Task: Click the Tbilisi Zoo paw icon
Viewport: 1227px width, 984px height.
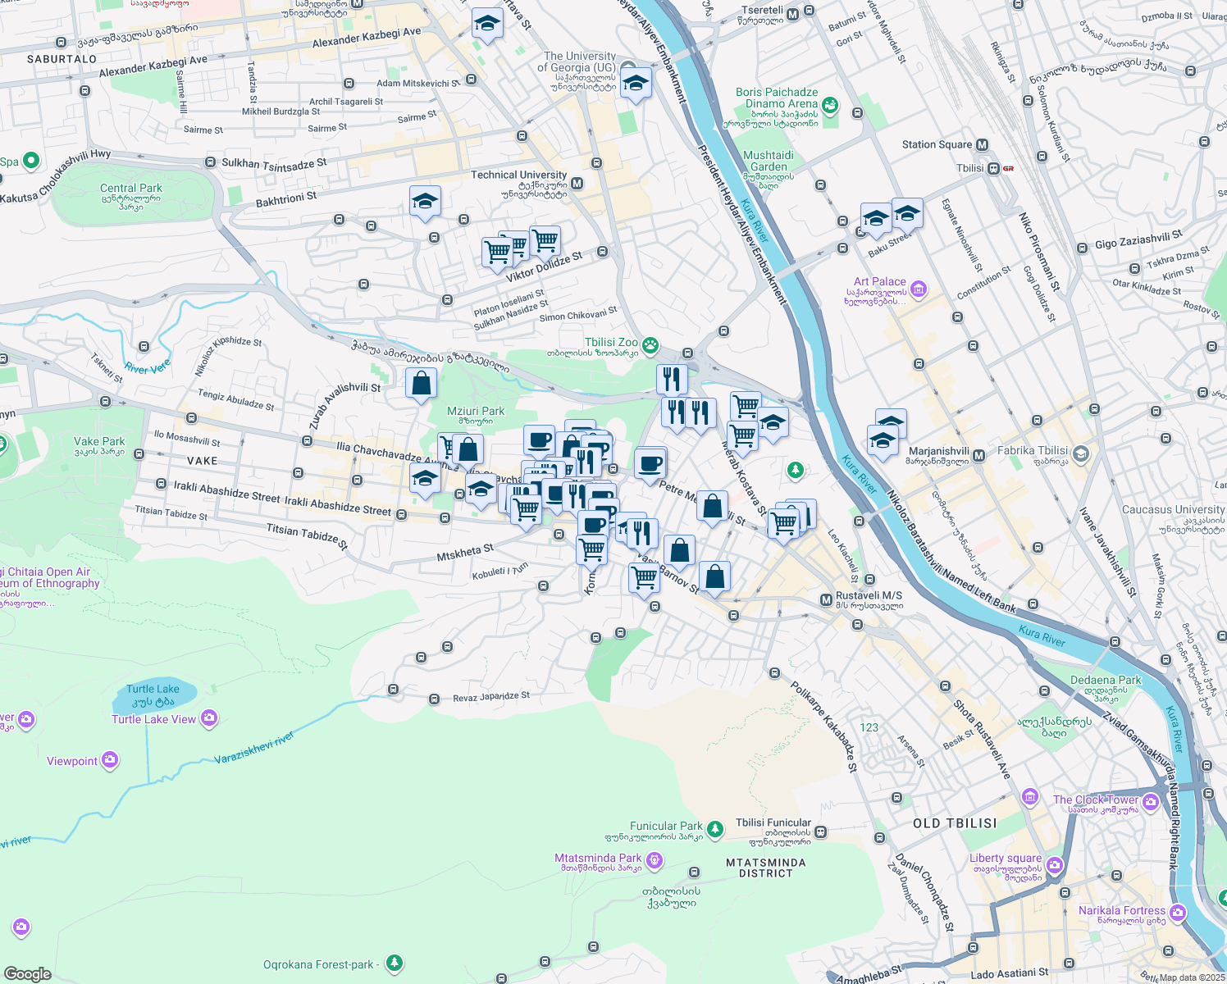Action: pyautogui.click(x=650, y=345)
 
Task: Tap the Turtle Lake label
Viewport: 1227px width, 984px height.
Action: pyautogui.click(x=153, y=690)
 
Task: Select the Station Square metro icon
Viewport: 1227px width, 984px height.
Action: pyautogui.click(x=982, y=145)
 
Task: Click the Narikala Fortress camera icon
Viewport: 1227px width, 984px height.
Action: pyautogui.click(x=1178, y=912)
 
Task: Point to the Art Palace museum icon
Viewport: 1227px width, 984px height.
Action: pyautogui.click(x=919, y=289)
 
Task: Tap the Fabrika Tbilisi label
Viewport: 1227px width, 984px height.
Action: pyautogui.click(x=1033, y=451)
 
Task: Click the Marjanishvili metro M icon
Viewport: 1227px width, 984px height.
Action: pyautogui.click(x=978, y=455)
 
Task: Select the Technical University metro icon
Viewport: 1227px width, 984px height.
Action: pyautogui.click(x=577, y=184)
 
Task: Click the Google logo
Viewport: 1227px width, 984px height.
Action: pyautogui.click(x=28, y=974)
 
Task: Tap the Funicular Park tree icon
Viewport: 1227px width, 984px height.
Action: pyautogui.click(x=715, y=829)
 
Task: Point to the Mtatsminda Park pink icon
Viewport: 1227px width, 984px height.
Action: pyautogui.click(x=654, y=859)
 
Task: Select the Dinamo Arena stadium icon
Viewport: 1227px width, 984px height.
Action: pyautogui.click(x=830, y=105)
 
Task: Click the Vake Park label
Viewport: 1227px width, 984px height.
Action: pyautogui.click(x=99, y=441)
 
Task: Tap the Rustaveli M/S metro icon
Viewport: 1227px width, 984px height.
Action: pyautogui.click(x=826, y=600)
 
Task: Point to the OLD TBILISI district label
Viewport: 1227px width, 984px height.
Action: pyautogui.click(x=955, y=823)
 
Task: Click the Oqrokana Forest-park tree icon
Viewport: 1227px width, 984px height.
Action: pyautogui.click(x=395, y=962)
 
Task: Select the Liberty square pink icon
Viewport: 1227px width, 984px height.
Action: pyautogui.click(x=1055, y=865)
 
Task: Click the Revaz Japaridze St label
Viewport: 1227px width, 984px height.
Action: pyautogui.click(x=491, y=697)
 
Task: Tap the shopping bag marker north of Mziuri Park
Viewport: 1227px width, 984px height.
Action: pyautogui.click(x=421, y=384)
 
